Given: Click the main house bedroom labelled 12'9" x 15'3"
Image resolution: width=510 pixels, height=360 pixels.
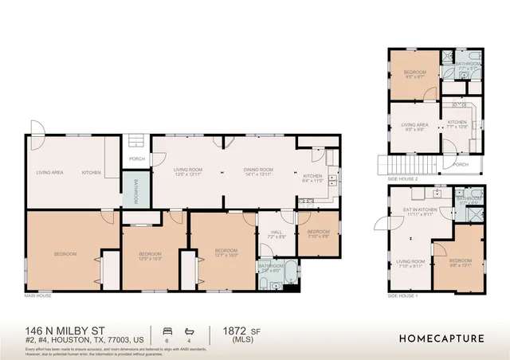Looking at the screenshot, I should pos(150,256).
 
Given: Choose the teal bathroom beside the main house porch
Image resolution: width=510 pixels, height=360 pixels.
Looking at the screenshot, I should pos(135,191).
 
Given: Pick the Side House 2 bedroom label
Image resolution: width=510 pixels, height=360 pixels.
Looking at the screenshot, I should pos(414,73).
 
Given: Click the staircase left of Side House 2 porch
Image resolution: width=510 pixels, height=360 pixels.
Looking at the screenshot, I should pos(406,166).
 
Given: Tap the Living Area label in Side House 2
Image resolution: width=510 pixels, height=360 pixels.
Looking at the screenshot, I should pos(414,126).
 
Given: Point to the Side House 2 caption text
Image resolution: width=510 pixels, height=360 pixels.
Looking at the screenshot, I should pos(402,180).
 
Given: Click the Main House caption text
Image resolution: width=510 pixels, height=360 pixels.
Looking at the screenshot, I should pos(38,295).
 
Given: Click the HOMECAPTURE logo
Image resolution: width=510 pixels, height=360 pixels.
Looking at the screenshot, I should pos(441,338).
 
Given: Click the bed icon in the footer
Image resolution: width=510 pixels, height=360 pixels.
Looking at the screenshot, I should pos(167,330).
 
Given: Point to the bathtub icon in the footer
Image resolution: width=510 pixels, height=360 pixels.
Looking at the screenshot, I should pos(189,330).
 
